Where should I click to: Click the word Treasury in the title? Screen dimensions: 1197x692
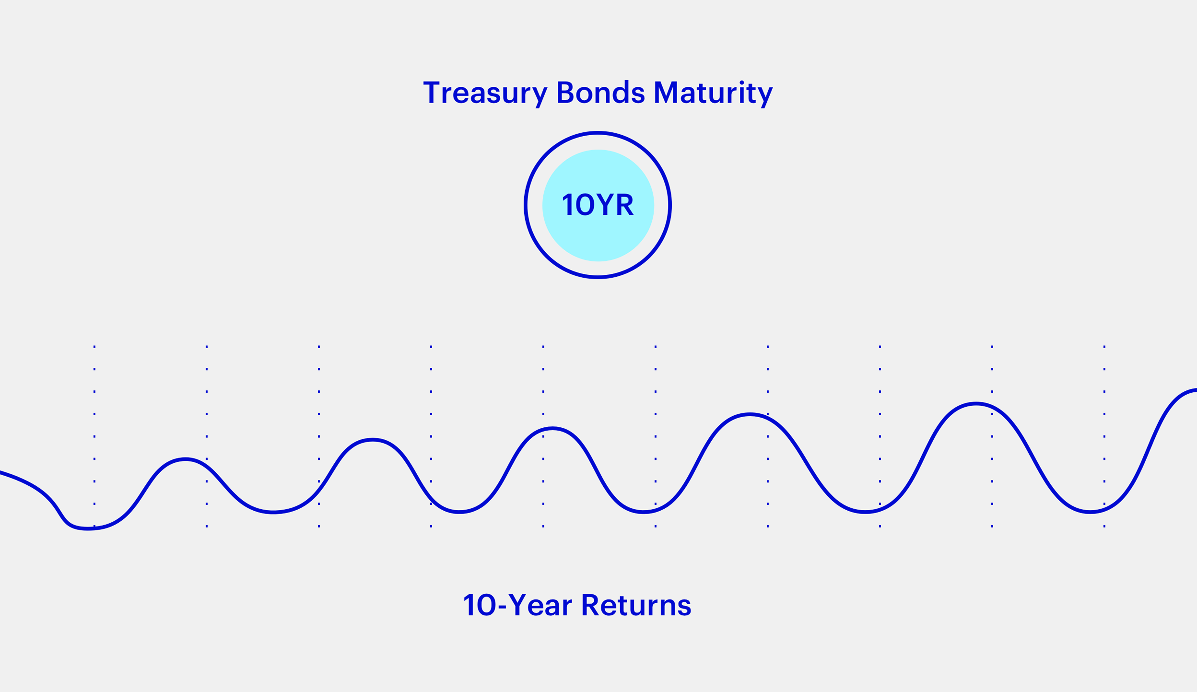click(x=485, y=94)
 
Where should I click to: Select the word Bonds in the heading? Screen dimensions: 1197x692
click(x=600, y=92)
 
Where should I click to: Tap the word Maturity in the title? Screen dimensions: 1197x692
click(x=714, y=94)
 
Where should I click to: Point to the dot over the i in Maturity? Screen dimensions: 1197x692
click(x=741, y=82)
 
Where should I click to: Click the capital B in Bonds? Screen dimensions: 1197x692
click(x=565, y=92)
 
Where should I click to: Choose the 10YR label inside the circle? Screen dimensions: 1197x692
click(x=598, y=204)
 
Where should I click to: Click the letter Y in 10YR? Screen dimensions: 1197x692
click(x=605, y=204)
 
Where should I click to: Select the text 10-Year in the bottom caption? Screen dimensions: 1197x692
click(x=518, y=605)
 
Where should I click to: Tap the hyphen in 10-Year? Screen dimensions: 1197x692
click(x=502, y=607)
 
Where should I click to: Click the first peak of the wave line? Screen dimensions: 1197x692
click(x=186, y=459)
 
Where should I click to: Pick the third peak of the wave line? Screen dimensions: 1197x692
click(x=552, y=428)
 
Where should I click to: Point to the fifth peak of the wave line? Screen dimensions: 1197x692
click(x=976, y=404)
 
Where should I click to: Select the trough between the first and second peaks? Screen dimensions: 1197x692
click(x=273, y=512)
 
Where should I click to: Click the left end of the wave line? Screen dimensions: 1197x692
click(x=0, y=472)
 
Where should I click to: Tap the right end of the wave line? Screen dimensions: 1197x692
click(x=1196, y=390)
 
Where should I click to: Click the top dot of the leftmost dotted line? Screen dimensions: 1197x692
click(x=94, y=346)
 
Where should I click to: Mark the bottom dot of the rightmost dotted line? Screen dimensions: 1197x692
click(x=1104, y=527)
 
